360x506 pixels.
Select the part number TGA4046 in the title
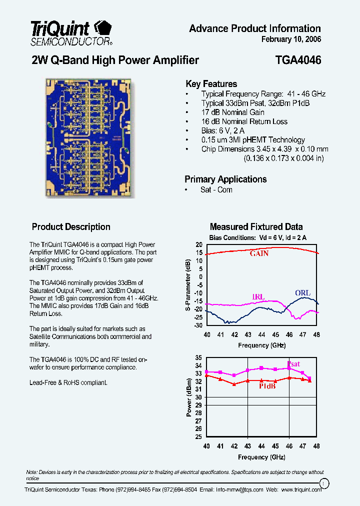[298, 60]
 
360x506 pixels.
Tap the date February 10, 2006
[291, 39]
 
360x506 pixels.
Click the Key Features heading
[211, 84]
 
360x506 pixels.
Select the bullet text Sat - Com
[216, 190]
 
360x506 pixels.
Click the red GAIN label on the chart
[259, 253]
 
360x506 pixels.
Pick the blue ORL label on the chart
[302, 293]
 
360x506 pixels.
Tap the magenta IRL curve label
[258, 297]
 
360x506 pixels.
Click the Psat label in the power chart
[293, 364]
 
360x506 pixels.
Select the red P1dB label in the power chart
[267, 386]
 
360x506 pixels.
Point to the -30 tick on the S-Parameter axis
[198, 325]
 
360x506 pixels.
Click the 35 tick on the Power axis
[198, 358]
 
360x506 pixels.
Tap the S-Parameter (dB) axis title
[188, 285]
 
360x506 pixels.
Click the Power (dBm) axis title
[189, 397]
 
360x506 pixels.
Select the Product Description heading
[71, 227]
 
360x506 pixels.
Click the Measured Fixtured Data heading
[256, 227]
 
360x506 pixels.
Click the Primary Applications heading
[225, 179]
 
